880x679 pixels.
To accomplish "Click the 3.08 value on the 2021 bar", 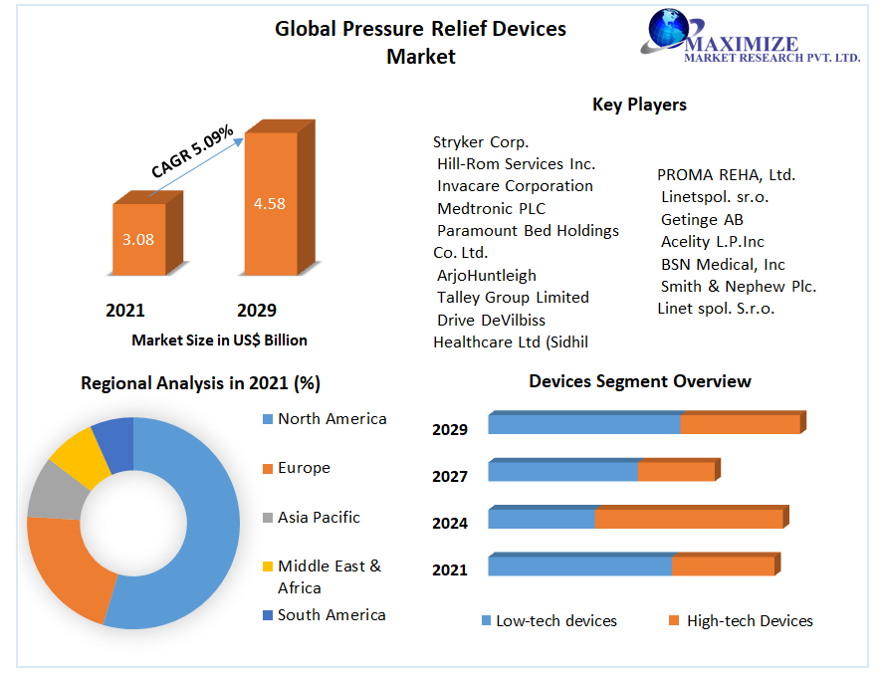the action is (x=138, y=240).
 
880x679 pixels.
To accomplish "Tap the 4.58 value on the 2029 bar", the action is (x=270, y=204).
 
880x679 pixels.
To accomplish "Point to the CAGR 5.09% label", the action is (x=192, y=151).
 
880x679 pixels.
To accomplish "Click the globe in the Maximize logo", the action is (x=668, y=28).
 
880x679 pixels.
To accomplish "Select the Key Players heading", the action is (x=639, y=105).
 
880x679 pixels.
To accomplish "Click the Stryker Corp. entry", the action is (x=481, y=142).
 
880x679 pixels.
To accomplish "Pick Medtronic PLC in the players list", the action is (x=491, y=209).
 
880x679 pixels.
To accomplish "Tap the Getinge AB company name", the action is (x=702, y=219).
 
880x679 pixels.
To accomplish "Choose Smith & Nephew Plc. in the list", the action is (x=739, y=286).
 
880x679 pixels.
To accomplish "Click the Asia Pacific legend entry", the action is (x=312, y=518).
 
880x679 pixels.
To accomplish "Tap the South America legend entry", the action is (x=324, y=615).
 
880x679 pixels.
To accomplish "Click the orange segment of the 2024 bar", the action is (x=690, y=519).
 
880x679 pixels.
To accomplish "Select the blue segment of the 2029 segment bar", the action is (x=584, y=424).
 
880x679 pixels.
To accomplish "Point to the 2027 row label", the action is (x=450, y=477).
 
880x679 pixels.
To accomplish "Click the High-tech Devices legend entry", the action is (x=741, y=620).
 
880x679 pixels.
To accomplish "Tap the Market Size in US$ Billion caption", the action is (x=219, y=340).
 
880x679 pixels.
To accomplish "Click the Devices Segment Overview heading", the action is (x=640, y=381).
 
